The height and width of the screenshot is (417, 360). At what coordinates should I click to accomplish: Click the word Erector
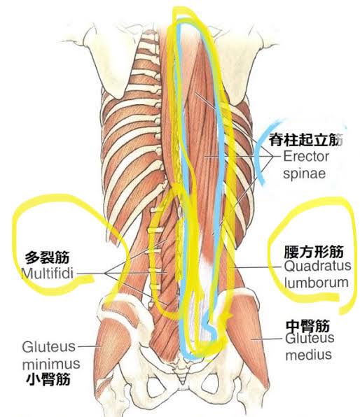tap(306, 157)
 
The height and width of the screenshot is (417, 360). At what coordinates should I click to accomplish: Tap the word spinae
tap(305, 174)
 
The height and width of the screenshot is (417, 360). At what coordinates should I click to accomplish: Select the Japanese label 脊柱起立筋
tap(305, 140)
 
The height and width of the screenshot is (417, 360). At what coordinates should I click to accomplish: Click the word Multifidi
tap(47, 273)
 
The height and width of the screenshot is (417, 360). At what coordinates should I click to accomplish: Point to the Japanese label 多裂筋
tap(48, 257)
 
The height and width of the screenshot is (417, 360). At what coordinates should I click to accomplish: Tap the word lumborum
tap(317, 283)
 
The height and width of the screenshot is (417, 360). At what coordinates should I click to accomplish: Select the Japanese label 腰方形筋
tap(314, 252)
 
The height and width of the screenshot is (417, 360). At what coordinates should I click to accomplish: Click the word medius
tap(309, 355)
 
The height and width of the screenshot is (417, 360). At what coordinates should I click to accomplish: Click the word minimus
tap(51, 364)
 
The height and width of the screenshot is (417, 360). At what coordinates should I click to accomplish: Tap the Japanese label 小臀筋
tap(48, 379)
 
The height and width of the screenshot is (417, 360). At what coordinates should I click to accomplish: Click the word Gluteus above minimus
tap(49, 347)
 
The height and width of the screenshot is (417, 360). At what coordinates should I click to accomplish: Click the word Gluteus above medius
tap(310, 339)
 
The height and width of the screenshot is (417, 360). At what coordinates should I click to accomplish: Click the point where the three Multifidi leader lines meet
tap(106, 274)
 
